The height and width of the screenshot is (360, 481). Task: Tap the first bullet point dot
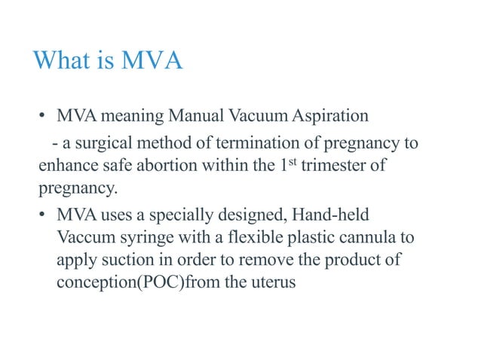44,117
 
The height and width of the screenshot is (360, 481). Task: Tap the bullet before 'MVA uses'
44,215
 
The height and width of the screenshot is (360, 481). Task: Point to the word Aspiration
328,117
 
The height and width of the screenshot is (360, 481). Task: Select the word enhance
68,166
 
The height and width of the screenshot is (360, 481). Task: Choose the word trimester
329,166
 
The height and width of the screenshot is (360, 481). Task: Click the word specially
167,215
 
